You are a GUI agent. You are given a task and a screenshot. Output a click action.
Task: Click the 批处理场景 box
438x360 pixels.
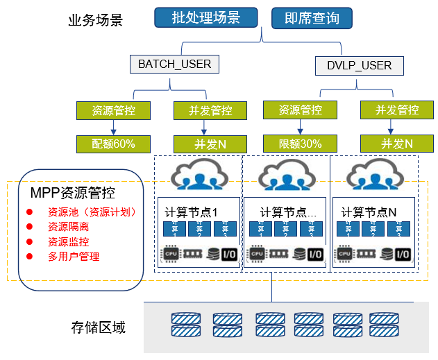pyautogui.click(x=205, y=18)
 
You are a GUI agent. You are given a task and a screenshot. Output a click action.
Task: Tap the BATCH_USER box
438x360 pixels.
pyautogui.click(x=174, y=65)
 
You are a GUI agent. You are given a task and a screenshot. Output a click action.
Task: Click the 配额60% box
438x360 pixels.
pyautogui.click(x=113, y=144)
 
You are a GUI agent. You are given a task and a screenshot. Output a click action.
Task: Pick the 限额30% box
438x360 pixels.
pyautogui.click(x=301, y=144)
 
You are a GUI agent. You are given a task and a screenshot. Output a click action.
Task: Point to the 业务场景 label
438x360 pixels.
pyautogui.click(x=96, y=19)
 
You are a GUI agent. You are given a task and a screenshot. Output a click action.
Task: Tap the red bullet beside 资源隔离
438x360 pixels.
pyautogui.click(x=30, y=227)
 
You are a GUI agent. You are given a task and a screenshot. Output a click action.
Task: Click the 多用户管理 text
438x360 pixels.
pyautogui.click(x=74, y=257)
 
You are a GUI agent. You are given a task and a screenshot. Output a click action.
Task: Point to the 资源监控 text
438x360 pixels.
pyautogui.click(x=68, y=242)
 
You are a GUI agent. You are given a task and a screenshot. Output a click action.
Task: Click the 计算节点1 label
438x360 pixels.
pyautogui.click(x=193, y=211)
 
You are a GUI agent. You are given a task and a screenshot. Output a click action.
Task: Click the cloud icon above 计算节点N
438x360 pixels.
pyautogui.click(x=375, y=175)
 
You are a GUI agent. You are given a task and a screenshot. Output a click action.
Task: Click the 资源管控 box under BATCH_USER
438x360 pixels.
pyautogui.click(x=113, y=110)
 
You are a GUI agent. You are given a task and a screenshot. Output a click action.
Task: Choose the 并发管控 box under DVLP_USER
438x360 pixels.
pyautogui.click(x=397, y=110)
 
